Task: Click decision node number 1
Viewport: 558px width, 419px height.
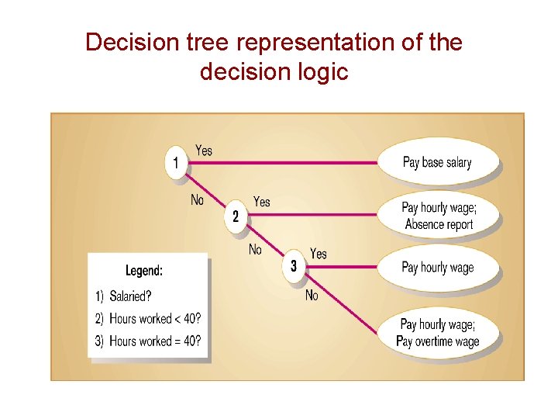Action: [x=177, y=163]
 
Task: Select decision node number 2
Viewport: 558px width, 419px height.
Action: [x=236, y=216]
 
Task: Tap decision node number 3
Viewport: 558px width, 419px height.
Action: [x=294, y=266]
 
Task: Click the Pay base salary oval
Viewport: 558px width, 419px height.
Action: [x=437, y=162]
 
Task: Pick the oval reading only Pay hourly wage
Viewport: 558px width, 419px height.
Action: [x=437, y=267]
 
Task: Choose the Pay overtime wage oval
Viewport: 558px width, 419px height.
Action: [x=437, y=332]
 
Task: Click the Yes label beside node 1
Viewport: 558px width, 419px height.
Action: [x=204, y=150]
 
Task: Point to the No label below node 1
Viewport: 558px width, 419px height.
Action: [x=198, y=200]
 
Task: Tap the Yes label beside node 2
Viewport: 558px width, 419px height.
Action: [x=262, y=202]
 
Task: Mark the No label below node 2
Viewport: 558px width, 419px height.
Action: [x=255, y=250]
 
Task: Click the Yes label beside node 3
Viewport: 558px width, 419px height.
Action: [x=319, y=254]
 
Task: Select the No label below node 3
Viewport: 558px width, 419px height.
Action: [x=312, y=295]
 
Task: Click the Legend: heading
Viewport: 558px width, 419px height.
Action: [x=144, y=271]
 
